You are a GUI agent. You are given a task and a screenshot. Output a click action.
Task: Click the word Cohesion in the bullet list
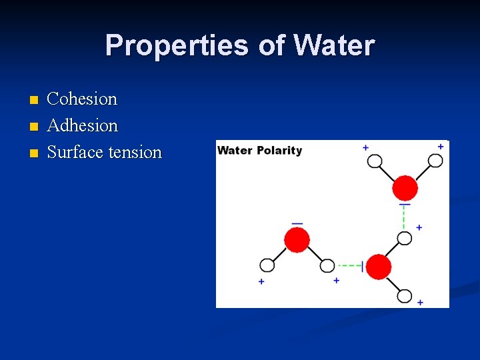click(82, 99)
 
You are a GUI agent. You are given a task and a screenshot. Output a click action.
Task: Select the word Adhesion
click(83, 126)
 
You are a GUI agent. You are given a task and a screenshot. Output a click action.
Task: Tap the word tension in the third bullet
click(135, 153)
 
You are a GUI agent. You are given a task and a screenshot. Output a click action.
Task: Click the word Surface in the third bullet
click(75, 153)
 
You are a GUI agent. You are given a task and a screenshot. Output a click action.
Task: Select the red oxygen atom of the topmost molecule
click(405, 189)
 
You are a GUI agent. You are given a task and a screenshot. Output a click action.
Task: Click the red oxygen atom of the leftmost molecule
click(297, 239)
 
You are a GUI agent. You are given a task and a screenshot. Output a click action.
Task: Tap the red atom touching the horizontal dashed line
click(379, 267)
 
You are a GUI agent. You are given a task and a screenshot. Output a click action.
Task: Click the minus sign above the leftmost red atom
click(297, 223)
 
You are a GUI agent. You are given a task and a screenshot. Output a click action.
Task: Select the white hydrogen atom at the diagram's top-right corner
click(435, 161)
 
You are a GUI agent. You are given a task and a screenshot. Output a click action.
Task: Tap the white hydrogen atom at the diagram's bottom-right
click(405, 295)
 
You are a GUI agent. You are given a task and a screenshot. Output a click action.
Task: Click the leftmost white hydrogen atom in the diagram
click(267, 265)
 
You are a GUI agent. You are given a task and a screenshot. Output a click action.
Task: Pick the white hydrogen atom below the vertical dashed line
click(404, 238)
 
